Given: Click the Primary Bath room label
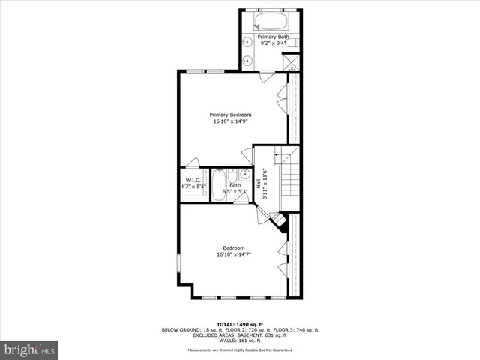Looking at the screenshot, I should point(273,37).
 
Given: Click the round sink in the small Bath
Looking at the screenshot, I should point(233,175).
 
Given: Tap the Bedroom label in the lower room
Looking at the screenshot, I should point(233,247).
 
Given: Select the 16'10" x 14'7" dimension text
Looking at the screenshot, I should point(233,255).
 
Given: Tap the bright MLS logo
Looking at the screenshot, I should point(30,350).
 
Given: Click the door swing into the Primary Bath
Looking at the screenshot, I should point(268,74).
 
